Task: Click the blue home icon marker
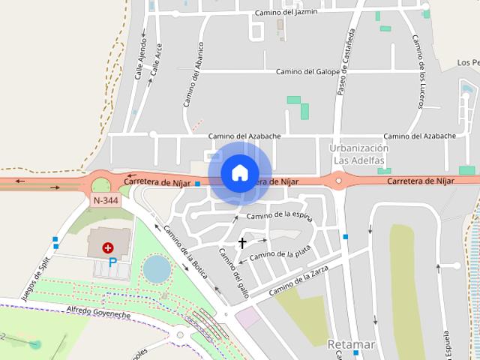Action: [x=239, y=172]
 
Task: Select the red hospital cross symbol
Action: [x=109, y=246]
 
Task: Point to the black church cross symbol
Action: [x=242, y=242]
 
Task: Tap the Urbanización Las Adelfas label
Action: [x=358, y=154]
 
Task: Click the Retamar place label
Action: [x=350, y=345]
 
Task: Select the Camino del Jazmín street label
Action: [x=286, y=12]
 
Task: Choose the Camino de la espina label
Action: [x=278, y=216]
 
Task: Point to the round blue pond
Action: [x=157, y=268]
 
